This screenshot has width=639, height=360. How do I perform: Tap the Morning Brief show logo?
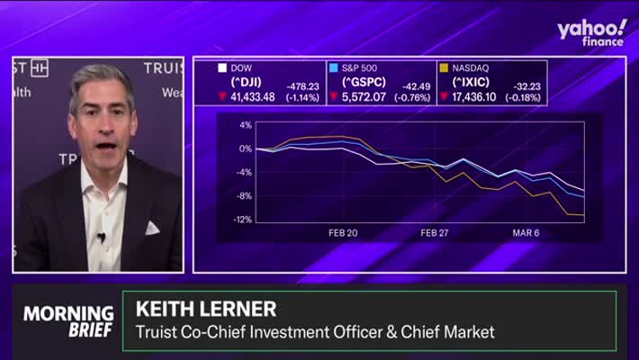pyautogui.click(x=68, y=320)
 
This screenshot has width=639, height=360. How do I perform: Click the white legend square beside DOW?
pyautogui.click(x=221, y=67)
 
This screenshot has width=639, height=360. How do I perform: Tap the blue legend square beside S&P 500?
pyautogui.click(x=333, y=67)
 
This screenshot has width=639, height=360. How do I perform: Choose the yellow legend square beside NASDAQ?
pyautogui.click(x=443, y=67)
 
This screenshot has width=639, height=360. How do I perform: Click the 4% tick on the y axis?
pyautogui.click(x=245, y=125)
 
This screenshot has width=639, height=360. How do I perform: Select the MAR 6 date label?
pyautogui.click(x=526, y=232)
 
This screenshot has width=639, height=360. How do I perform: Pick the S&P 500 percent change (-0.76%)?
pyautogui.click(x=410, y=97)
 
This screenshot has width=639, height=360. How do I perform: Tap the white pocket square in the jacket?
pyautogui.click(x=152, y=228)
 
